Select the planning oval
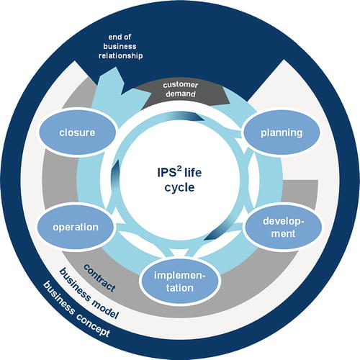pyautogui.click(x=281, y=133)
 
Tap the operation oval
pyautogui.click(x=76, y=227)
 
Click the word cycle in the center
pyautogui.click(x=180, y=188)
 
